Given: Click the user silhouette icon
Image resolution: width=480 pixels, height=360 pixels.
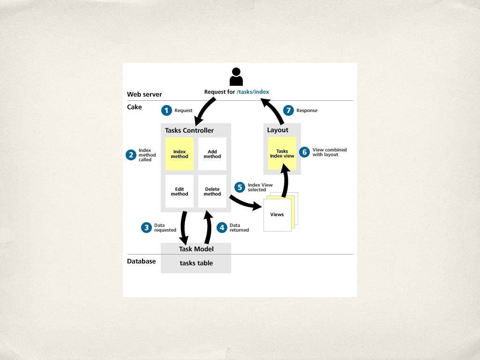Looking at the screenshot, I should click(236, 77).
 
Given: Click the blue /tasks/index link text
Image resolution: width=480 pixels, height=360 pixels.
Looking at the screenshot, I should click(253, 92).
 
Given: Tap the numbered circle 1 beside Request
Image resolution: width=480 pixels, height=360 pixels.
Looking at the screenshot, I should click(166, 111).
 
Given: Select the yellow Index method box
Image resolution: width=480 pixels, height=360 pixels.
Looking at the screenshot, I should click(180, 154).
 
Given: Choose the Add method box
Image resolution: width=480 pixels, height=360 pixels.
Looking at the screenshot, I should click(212, 154).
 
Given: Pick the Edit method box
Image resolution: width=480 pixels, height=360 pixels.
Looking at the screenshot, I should click(180, 191).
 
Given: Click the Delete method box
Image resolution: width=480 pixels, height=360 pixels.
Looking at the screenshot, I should click(212, 191).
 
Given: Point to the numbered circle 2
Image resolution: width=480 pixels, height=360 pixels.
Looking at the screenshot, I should click(131, 155).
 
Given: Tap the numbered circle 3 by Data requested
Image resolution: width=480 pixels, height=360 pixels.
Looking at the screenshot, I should click(147, 228).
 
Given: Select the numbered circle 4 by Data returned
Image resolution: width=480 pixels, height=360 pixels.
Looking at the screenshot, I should click(222, 228).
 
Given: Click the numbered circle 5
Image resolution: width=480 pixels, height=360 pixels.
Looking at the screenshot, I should click(240, 187).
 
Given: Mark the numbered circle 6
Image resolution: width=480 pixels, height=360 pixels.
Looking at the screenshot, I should click(305, 152).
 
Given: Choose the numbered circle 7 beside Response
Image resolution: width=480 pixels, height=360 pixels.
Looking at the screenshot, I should click(289, 111).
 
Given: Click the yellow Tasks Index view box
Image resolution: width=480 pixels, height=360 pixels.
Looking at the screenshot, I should click(282, 153).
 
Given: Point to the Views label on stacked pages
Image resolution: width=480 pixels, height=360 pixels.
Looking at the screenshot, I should click(277, 215).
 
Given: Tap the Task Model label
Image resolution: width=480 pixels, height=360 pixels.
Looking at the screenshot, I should click(196, 249).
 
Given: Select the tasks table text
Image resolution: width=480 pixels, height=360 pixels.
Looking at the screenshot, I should click(196, 263).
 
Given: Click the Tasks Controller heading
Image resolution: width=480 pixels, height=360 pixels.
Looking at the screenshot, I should click(189, 130).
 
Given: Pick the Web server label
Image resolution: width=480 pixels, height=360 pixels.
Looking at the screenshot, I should click(144, 95).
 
